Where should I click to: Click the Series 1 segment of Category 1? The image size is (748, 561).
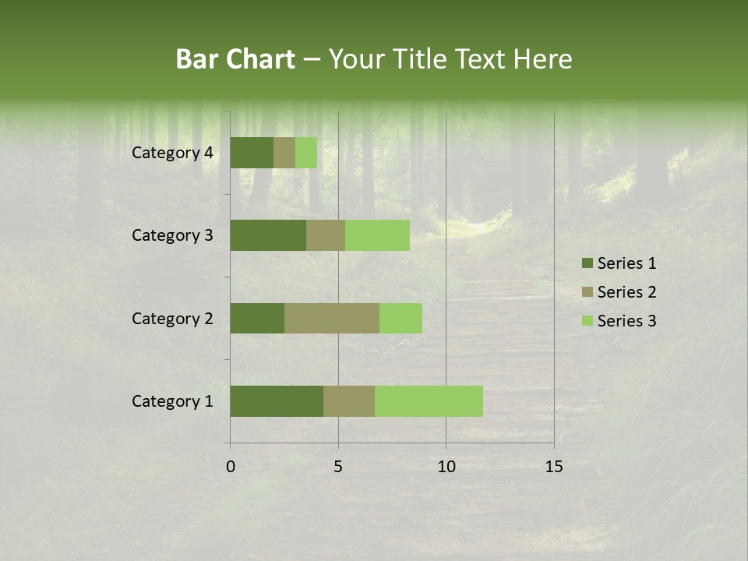click(x=277, y=401)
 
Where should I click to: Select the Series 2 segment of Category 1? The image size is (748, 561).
click(x=349, y=401)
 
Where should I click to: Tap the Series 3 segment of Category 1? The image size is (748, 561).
click(x=429, y=401)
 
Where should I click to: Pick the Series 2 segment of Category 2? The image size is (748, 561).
click(x=332, y=318)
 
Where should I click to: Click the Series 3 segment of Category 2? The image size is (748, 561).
click(x=400, y=318)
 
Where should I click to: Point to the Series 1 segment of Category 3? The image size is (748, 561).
click(x=268, y=235)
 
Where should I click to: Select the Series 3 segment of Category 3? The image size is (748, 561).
click(x=377, y=235)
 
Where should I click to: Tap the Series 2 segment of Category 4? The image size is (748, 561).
click(x=284, y=153)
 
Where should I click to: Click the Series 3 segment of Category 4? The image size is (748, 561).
click(x=306, y=153)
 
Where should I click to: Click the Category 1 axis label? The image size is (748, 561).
click(x=172, y=401)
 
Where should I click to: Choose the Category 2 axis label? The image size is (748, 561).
click(x=172, y=318)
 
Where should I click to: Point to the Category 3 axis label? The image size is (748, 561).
click(x=172, y=235)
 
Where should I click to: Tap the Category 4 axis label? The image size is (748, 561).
click(x=172, y=153)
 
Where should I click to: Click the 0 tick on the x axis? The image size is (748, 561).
click(x=231, y=467)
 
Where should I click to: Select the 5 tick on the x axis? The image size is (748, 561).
click(x=338, y=467)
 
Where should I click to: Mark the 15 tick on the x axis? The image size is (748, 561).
click(x=554, y=467)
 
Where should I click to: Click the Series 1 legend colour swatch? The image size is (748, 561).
click(x=587, y=263)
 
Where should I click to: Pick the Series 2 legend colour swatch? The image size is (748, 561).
click(x=587, y=292)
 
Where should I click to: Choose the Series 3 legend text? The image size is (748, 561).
click(x=626, y=321)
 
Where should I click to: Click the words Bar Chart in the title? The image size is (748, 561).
click(x=235, y=59)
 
